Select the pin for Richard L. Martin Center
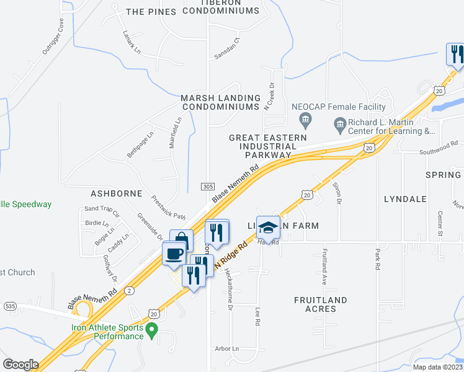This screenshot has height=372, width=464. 341,126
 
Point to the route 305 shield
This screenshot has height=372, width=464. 208,186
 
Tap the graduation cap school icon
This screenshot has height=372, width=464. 268,229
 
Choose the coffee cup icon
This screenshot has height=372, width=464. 174,253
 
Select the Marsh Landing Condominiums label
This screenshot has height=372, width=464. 220,102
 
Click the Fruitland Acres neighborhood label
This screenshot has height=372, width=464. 320,304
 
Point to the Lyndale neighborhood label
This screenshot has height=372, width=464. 405,199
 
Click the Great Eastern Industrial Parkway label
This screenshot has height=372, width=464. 268,146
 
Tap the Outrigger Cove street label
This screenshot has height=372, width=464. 53,37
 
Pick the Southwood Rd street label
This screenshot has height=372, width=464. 438,150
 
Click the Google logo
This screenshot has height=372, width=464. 20,365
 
